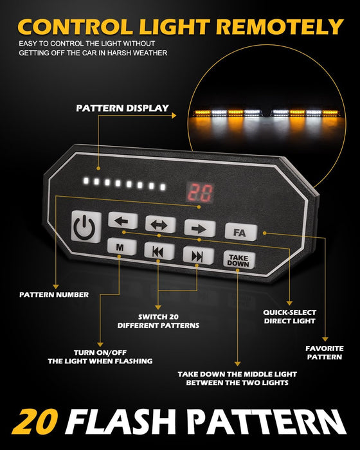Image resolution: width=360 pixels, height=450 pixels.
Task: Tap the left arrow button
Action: pyautogui.click(x=123, y=221)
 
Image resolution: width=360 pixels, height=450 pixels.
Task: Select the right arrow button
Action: pyautogui.click(x=199, y=228)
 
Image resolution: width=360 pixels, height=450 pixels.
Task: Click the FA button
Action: pyautogui.click(x=241, y=232)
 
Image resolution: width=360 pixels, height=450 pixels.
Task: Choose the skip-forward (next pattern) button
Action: pyautogui.click(x=199, y=255)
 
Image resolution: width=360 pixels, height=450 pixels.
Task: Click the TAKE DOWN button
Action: pyautogui.click(x=239, y=260)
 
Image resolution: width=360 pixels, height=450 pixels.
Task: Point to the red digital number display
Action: pyautogui.click(x=200, y=192)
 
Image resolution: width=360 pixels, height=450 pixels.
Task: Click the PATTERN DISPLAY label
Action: pyautogui.click(x=122, y=108)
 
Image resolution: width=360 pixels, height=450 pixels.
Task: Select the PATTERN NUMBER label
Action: pyautogui.click(x=54, y=294)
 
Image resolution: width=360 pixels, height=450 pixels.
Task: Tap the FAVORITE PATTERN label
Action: pyautogui.click(x=325, y=353)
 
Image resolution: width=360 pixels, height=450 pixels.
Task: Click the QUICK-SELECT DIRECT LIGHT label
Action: pyautogui.click(x=290, y=316)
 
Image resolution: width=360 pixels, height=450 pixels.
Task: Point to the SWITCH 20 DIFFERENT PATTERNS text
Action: pyautogui.click(x=158, y=321)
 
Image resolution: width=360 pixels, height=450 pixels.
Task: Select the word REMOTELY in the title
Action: pyautogui.click(x=280, y=27)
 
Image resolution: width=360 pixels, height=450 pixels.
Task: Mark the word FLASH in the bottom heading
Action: pyautogui.click(x=121, y=422)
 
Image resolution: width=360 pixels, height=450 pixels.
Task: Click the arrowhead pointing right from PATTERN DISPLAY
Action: pyautogui.click(x=174, y=115)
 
